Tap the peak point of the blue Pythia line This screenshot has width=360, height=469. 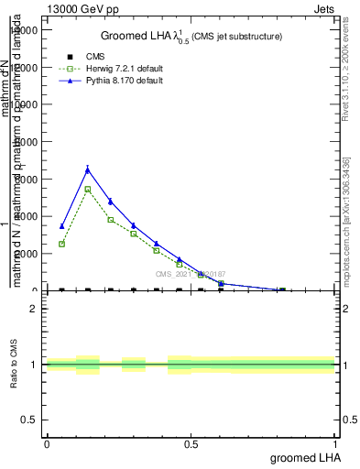click(x=87, y=169)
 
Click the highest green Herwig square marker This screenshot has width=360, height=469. click(x=87, y=189)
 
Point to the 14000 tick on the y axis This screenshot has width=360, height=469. click(x=25, y=30)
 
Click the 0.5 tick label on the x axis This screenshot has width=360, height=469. click(x=191, y=443)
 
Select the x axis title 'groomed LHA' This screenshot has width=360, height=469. click(x=303, y=457)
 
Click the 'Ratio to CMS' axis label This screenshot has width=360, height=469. click(x=15, y=365)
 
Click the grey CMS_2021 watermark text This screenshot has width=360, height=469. click(x=190, y=274)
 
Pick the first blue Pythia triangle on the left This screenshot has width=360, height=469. click(x=61, y=226)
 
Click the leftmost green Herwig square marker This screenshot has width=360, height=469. click(x=61, y=244)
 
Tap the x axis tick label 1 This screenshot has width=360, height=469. click(x=335, y=443)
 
